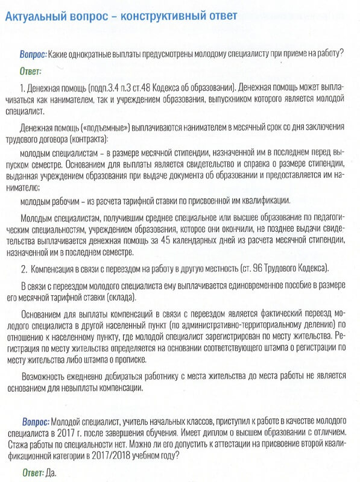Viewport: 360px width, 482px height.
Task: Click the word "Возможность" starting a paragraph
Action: [46, 375]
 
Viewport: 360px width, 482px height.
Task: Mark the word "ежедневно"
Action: [95, 375]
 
